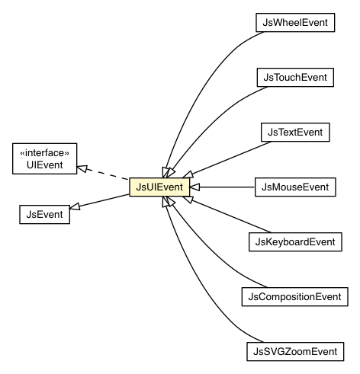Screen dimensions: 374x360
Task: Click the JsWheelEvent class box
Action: [x=294, y=23]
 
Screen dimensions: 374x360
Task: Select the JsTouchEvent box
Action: [x=294, y=78]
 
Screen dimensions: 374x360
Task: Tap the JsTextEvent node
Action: [x=294, y=132]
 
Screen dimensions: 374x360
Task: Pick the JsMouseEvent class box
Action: [x=294, y=186]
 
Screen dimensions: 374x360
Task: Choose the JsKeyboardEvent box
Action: [x=294, y=241]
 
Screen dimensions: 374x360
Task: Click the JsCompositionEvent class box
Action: [x=294, y=295]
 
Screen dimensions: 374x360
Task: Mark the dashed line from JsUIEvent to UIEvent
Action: [x=107, y=175]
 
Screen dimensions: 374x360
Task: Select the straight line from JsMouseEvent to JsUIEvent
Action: [x=225, y=187]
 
